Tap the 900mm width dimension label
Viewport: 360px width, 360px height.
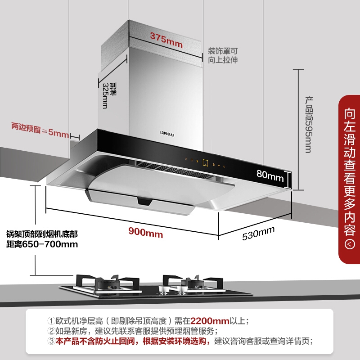(x=145, y=233)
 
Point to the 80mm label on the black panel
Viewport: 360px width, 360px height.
(x=270, y=175)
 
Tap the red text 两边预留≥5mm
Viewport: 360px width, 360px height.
(x=40, y=134)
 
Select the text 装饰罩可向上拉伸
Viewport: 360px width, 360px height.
(x=222, y=55)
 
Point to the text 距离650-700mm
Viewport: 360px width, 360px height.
(x=42, y=245)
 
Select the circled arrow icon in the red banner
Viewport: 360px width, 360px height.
(x=350, y=244)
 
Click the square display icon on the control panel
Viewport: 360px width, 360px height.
(x=205, y=163)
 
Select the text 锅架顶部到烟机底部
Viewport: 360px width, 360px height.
(x=42, y=234)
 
